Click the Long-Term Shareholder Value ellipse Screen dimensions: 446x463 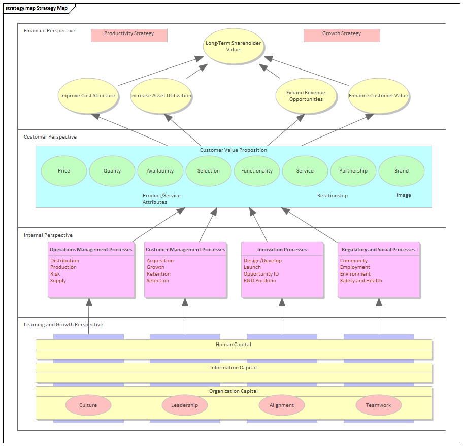pyautogui.click(x=233, y=46)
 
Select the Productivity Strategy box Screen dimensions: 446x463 pyautogui.click(x=129, y=34)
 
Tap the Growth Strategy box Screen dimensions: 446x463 pyautogui.click(x=342, y=34)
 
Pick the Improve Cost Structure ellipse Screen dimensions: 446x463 pyautogui.click(x=88, y=96)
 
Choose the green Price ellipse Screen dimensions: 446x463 pyautogui.click(x=64, y=171)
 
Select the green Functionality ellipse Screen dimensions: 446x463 pyautogui.click(x=257, y=171)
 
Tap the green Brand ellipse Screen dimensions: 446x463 pyautogui.click(x=402, y=171)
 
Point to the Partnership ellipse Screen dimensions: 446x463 pyautogui.click(x=353, y=171)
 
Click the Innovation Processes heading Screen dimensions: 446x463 pyautogui.click(x=282, y=250)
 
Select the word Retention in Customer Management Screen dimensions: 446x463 pyautogui.click(x=158, y=274)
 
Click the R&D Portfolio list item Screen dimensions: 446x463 pyautogui.click(x=260, y=281)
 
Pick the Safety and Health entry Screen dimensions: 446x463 pyautogui.click(x=361, y=281)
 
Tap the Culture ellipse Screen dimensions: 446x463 pyautogui.click(x=88, y=405)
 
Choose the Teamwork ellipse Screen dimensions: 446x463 pyautogui.click(x=379, y=405)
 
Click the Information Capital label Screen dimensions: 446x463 pyautogui.click(x=234, y=368)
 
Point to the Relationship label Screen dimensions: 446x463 pyautogui.click(x=333, y=196)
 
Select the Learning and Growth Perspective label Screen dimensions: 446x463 pyautogui.click(x=63, y=325)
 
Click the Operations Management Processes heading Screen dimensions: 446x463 pyautogui.click(x=91, y=250)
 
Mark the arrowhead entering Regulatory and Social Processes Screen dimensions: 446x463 pyautogui.click(x=379, y=302)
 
